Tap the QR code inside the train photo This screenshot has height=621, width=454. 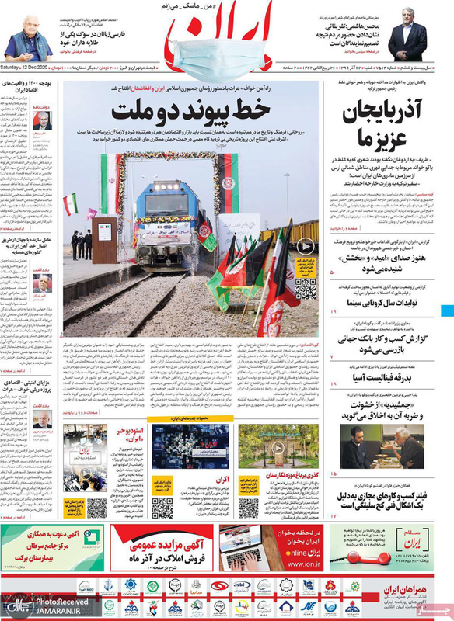pyautogui.click(x=306, y=289)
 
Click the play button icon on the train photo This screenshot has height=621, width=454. pyautogui.click(x=306, y=246)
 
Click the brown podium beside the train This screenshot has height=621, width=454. pyautogui.click(x=103, y=240)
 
